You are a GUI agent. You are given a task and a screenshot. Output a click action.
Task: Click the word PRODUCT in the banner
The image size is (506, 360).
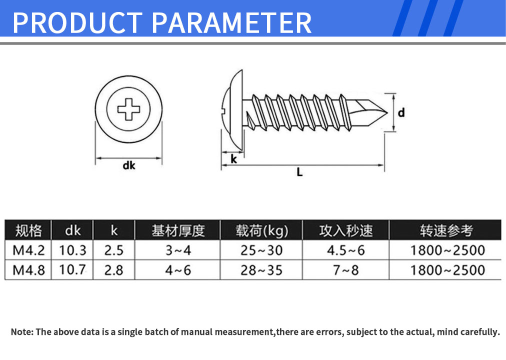(78, 22)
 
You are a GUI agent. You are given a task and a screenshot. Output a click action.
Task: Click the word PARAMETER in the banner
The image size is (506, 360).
(231, 22)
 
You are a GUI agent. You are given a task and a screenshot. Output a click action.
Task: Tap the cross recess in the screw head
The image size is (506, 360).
(129, 109)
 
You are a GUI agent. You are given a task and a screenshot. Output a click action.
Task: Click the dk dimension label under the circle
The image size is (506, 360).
(129, 165)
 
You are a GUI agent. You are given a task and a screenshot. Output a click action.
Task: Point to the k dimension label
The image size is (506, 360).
(233, 158)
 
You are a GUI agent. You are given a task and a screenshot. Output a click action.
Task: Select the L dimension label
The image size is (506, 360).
(299, 172)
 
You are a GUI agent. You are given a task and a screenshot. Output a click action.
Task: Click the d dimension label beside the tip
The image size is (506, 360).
(401, 112)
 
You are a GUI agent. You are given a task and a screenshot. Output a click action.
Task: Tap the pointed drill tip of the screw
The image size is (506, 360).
(387, 112)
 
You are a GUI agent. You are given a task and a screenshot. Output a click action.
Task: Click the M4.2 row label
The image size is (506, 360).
(28, 250)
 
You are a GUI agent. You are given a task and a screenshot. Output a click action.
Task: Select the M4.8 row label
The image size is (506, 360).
(28, 270)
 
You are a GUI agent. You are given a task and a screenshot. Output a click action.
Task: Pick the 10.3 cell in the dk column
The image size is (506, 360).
(72, 250)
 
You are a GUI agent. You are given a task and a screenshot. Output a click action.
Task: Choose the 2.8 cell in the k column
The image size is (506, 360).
(113, 270)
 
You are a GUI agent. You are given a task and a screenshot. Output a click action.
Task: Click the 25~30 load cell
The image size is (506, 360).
(261, 250)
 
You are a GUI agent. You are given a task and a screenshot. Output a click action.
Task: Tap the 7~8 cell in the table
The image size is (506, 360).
(345, 270)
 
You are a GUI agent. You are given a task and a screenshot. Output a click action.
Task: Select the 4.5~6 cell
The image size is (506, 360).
(345, 250)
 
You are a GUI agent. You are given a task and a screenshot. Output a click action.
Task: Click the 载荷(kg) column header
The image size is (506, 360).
(261, 230)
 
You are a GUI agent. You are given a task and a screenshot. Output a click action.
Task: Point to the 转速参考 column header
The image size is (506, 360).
(446, 230)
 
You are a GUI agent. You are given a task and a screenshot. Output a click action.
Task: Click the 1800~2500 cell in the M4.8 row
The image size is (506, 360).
(447, 270)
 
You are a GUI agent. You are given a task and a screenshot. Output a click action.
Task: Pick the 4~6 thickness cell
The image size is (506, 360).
(178, 270)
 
